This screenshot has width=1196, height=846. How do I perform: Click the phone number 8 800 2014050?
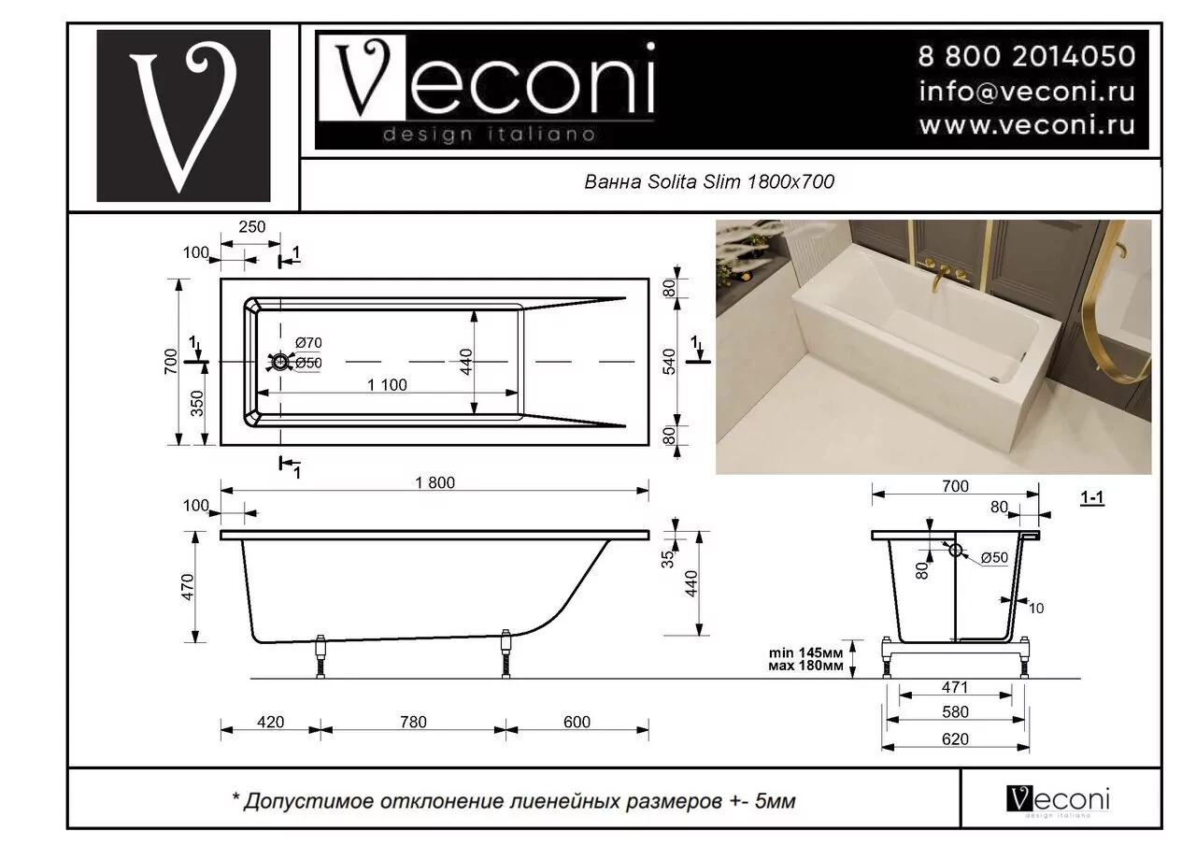pyautogui.click(x=1027, y=56)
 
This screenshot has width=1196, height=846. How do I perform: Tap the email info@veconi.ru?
pyautogui.click(x=1027, y=91)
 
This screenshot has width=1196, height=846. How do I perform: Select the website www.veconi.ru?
pyautogui.click(x=1027, y=124)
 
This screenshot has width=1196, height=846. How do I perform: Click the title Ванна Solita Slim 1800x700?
pyautogui.click(x=708, y=183)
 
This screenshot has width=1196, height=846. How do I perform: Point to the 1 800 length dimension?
pyautogui.click(x=435, y=482)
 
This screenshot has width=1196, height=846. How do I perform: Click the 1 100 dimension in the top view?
pyautogui.click(x=387, y=385)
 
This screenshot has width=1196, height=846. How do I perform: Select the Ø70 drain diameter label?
pyautogui.click(x=308, y=344)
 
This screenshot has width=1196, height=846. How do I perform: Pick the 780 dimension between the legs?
pyautogui.click(x=412, y=722)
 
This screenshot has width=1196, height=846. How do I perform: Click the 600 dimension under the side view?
pyautogui.click(x=577, y=722)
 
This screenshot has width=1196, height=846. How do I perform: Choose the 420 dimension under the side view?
pyautogui.click(x=269, y=722)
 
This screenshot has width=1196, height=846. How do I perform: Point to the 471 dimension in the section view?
pyautogui.click(x=955, y=687)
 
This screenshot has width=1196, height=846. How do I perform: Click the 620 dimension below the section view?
pyautogui.click(x=955, y=738)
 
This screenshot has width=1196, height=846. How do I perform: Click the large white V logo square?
pyautogui.click(x=183, y=116)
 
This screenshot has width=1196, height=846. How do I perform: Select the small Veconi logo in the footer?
pyautogui.click(x=1058, y=800)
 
